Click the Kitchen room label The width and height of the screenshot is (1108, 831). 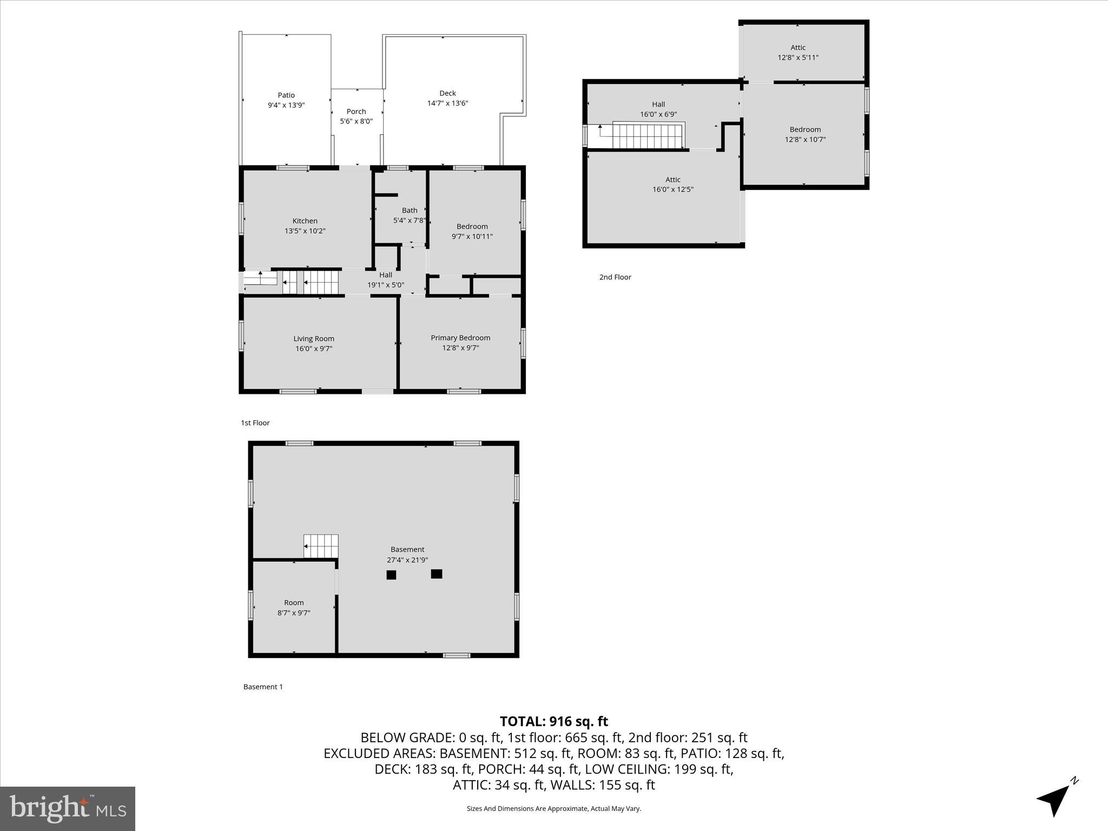click(x=305, y=221)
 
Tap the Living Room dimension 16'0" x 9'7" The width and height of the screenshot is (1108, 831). click(x=314, y=349)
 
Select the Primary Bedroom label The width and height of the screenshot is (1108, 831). click(x=460, y=338)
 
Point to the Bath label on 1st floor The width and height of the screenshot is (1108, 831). click(x=410, y=210)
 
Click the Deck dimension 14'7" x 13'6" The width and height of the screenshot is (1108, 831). click(x=447, y=103)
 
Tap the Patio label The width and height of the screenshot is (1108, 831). click(x=286, y=95)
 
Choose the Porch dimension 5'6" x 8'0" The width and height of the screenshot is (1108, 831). click(x=356, y=121)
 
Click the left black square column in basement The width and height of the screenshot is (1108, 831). click(x=391, y=575)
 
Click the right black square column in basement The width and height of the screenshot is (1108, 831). click(x=437, y=574)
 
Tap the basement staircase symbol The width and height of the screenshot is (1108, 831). click(x=321, y=546)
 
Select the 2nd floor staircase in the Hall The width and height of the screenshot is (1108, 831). click(x=648, y=136)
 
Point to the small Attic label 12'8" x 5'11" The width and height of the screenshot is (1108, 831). click(x=798, y=48)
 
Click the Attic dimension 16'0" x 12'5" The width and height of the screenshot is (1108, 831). click(x=672, y=189)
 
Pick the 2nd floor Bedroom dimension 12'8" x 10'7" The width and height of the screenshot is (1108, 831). click(x=805, y=140)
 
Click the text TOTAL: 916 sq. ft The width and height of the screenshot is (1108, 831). click(x=553, y=721)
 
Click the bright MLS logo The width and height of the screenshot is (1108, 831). click(x=68, y=808)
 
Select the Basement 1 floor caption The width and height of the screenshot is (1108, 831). click(x=263, y=687)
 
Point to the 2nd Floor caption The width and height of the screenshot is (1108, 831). click(x=615, y=277)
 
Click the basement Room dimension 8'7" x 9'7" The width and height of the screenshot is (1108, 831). click(x=294, y=613)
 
